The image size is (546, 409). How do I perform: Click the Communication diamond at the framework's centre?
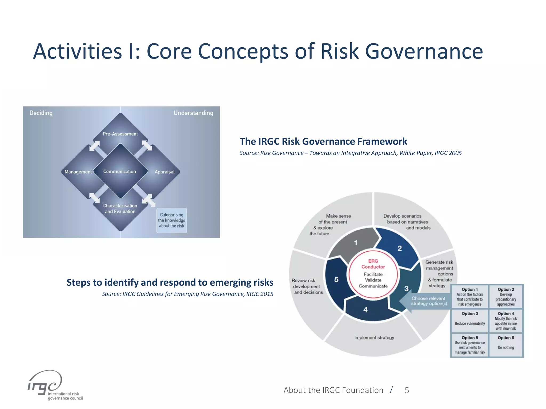(120, 171)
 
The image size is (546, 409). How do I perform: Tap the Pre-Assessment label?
(120, 134)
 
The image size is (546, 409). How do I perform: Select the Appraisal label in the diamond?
(164, 172)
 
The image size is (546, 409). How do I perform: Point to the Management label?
(78, 172)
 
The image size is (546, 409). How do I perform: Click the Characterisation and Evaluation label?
(120, 208)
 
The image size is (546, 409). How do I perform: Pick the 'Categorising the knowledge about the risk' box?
(171, 220)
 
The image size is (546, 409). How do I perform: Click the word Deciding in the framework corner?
(41, 113)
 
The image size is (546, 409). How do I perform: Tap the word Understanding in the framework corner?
(193, 113)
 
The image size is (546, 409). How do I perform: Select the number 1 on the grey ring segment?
(356, 243)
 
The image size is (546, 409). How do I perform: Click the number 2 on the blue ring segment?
(399, 248)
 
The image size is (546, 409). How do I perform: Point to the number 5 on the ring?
(336, 280)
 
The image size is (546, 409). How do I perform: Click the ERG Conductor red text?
(373, 264)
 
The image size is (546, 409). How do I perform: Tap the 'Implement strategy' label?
(374, 338)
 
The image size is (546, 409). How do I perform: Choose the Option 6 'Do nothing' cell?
(506, 345)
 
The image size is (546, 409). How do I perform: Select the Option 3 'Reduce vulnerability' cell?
(470, 320)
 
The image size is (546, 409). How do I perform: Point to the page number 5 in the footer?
(407, 390)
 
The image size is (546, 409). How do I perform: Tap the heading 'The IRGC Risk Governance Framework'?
(323, 141)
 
